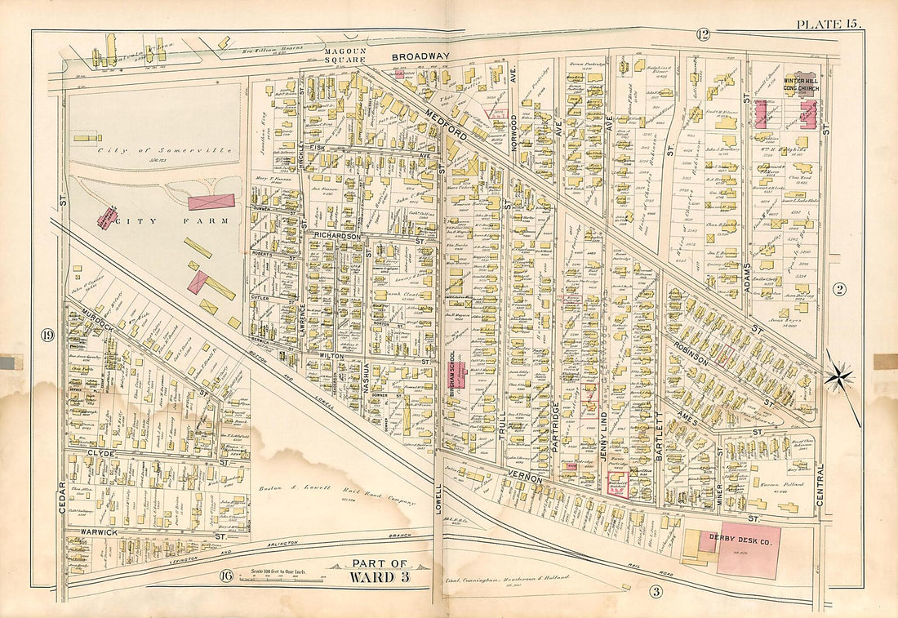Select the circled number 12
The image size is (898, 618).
click(x=702, y=34)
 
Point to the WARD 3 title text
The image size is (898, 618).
click(x=377, y=577)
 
